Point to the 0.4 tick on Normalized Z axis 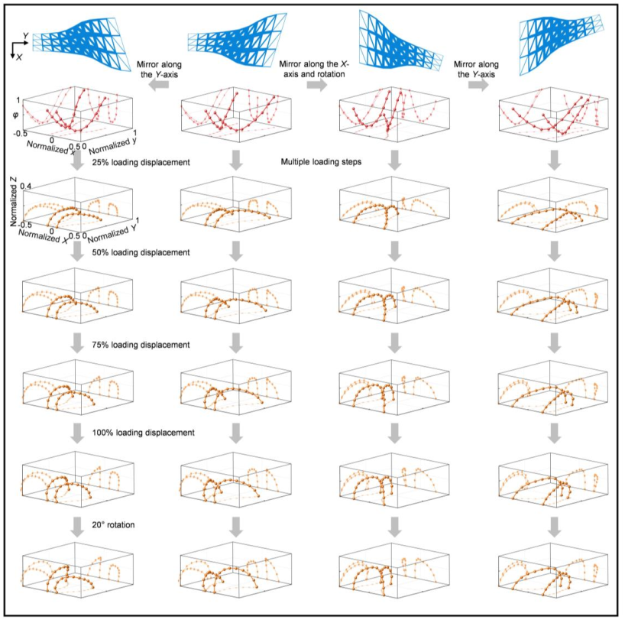(x=26, y=186)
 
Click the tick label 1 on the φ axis (x=18, y=99)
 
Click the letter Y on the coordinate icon (x=25, y=36)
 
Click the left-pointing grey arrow (x=157, y=86)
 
